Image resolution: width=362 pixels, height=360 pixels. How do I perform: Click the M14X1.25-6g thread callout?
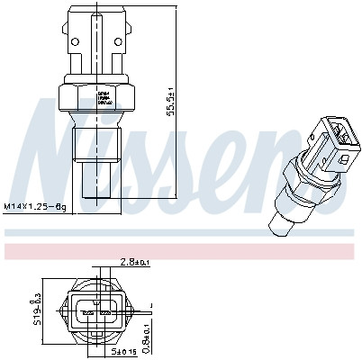coord(33,207)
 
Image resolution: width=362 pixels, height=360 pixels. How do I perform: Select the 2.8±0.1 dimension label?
coord(136,264)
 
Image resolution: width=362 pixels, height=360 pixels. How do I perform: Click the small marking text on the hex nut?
coord(103,95)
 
